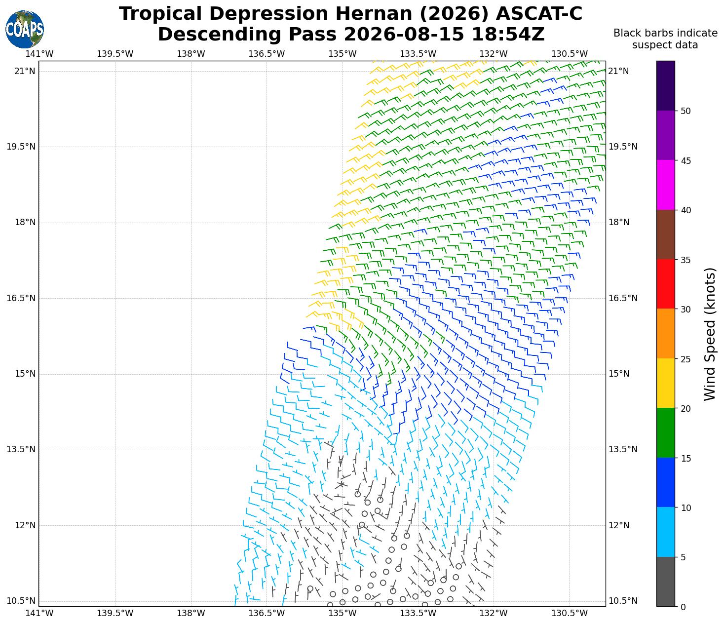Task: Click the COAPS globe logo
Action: pyautogui.click(x=25, y=29)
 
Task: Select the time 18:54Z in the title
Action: pyautogui.click(x=508, y=35)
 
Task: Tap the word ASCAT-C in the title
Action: pyautogui.click(x=539, y=14)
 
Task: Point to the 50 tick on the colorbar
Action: pyautogui.click(x=676, y=111)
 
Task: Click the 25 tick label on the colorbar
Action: pyautogui.click(x=686, y=359)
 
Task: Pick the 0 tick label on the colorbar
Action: pyautogui.click(x=683, y=607)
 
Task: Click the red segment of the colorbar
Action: pyautogui.click(x=665, y=284)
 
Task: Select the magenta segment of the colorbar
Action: pyautogui.click(x=665, y=185)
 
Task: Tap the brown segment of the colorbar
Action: pyautogui.click(x=665, y=234)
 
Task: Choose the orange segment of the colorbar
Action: pyautogui.click(x=665, y=334)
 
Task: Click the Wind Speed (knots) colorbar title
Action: pyautogui.click(x=710, y=334)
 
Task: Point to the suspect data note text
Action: pyautogui.click(x=665, y=39)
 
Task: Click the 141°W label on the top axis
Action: pyautogui.click(x=39, y=54)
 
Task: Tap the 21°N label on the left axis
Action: pyautogui.click(x=25, y=71)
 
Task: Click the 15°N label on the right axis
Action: pyautogui.click(x=619, y=374)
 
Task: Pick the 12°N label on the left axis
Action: pyautogui.click(x=25, y=525)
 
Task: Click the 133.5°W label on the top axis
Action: pyautogui.click(x=418, y=54)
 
